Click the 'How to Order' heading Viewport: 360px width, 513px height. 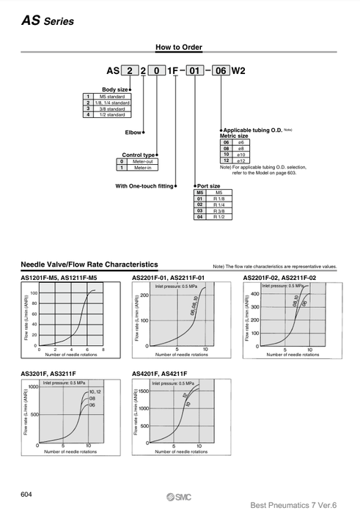(179, 48)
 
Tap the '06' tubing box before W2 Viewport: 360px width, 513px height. (221, 72)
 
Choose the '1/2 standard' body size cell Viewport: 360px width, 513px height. (110, 115)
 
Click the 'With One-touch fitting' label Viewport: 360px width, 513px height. (144, 186)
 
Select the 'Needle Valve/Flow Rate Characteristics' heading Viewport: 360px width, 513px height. (89, 264)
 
